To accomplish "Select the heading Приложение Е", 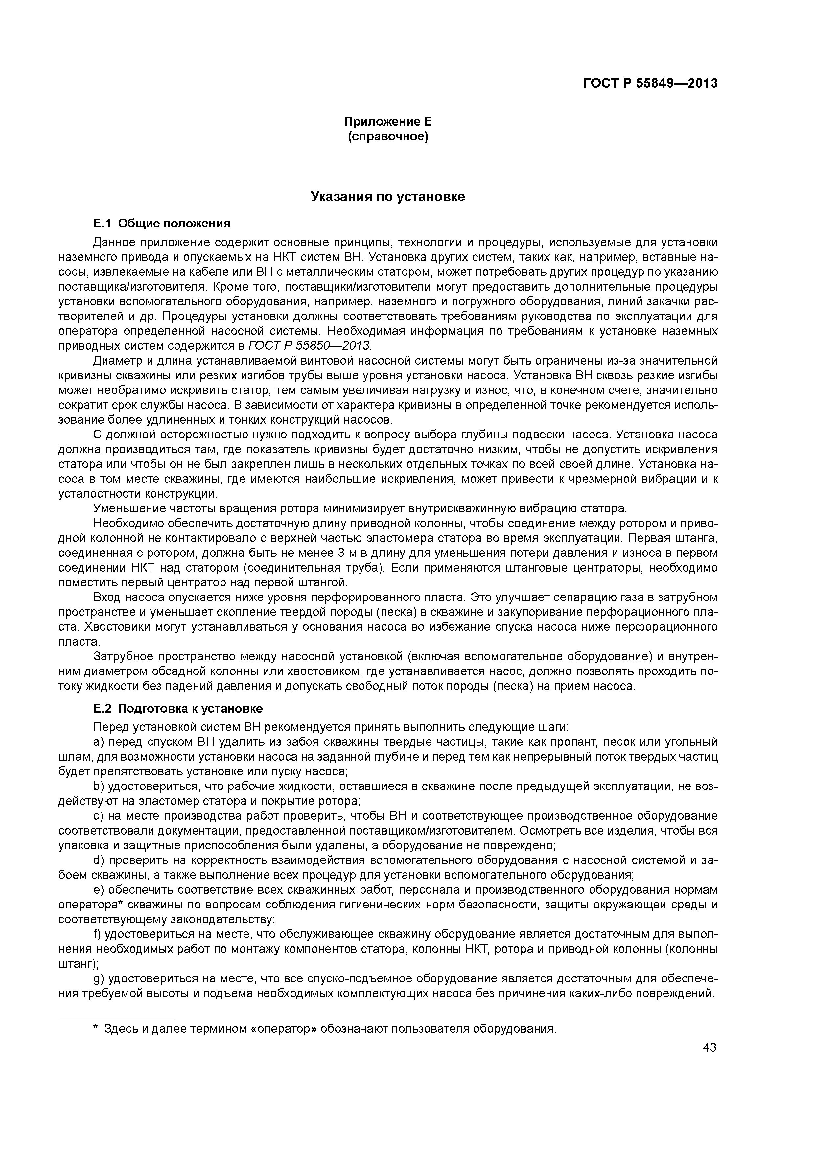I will pos(388,122).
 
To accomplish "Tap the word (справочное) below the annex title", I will pos(388,137).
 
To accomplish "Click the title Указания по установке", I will pos(388,197).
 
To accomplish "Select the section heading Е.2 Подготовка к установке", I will pos(178,709).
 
